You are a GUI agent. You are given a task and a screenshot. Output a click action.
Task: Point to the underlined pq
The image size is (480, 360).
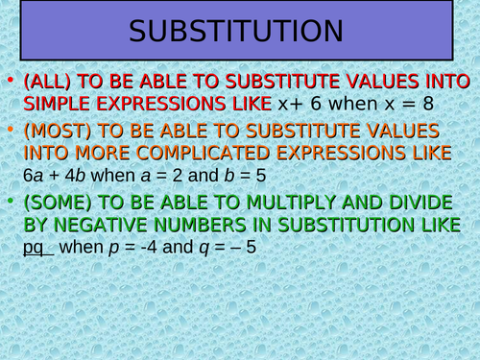33,248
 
